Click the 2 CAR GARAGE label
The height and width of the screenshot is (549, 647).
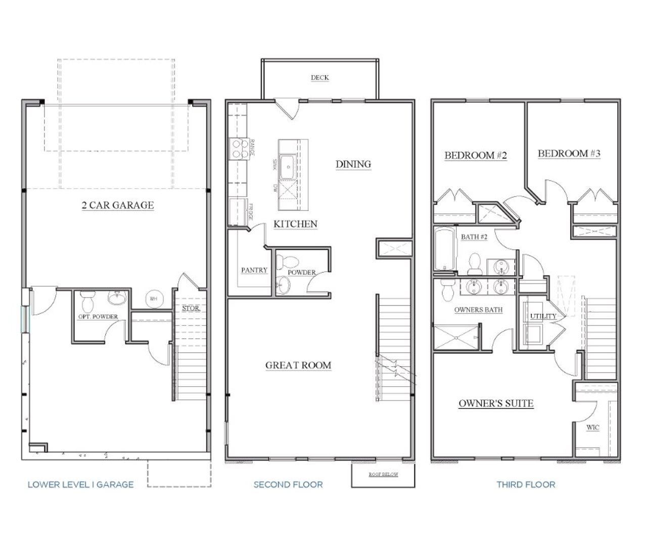(118, 205)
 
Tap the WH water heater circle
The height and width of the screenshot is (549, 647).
(153, 299)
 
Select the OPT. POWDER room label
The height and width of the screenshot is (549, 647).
(98, 317)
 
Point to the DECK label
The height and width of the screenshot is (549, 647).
(319, 77)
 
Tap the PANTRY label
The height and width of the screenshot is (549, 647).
(254, 270)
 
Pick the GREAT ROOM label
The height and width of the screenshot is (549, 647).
(298, 365)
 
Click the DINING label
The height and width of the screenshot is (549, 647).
(353, 164)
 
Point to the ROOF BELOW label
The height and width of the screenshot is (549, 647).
(383, 474)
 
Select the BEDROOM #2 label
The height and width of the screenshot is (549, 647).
(475, 155)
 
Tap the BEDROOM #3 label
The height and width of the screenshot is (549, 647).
(569, 153)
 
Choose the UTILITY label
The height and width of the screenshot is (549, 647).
(543, 316)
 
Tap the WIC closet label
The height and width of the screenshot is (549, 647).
(593, 428)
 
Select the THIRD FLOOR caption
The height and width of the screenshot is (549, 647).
(526, 484)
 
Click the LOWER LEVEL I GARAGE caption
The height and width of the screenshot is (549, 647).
(80, 484)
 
